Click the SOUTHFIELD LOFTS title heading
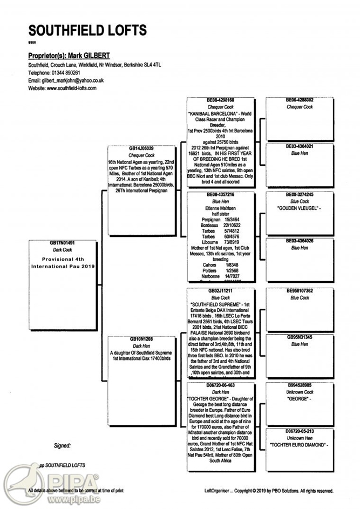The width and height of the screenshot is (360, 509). (x=87, y=30)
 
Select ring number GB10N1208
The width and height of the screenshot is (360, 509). (x=142, y=338)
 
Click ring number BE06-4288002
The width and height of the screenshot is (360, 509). (x=300, y=100)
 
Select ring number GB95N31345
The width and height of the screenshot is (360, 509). (x=300, y=337)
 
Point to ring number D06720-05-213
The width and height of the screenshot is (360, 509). (x=300, y=431)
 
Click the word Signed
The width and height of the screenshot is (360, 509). (x=63, y=446)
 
